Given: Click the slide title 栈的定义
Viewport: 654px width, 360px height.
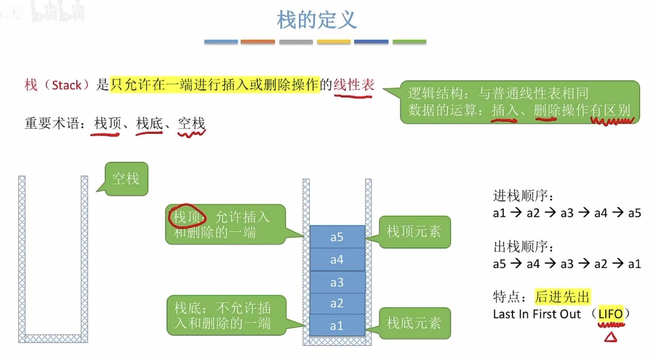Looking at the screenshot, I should coord(317,20).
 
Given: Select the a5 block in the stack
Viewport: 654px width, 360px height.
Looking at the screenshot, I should coord(337,237).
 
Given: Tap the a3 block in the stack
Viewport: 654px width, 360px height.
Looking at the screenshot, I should coord(337,282).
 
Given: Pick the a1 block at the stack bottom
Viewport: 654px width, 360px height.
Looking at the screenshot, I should coord(337,326).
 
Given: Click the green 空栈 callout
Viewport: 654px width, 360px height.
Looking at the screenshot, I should coord(126,179).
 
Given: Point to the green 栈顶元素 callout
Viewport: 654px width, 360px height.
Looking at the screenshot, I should coord(414,231).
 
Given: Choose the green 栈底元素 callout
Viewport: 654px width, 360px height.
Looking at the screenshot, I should coord(414,323).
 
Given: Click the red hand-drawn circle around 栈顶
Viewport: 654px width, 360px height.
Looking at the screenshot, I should coord(187,216).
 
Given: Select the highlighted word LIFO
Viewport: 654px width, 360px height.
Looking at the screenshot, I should coord(610,314).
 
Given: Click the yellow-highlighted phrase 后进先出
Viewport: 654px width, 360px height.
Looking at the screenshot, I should coord(562,297).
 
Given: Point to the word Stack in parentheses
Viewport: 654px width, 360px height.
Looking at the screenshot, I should coord(67,85).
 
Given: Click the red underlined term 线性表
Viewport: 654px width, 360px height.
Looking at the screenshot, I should coord(354,85).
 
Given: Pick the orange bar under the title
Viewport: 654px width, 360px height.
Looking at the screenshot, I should coord(258,42).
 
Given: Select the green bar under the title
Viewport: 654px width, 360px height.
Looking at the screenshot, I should coord(409,42).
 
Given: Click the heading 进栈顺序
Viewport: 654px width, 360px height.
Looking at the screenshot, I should coord(523,196).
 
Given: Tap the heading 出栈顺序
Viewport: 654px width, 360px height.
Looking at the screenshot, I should coord(523,247).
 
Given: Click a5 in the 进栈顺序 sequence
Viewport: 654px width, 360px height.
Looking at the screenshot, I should coord(634,213).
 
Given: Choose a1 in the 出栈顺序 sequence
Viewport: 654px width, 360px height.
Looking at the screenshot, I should coord(634,264).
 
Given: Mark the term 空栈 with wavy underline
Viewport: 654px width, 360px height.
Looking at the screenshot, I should coord(191,123).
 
